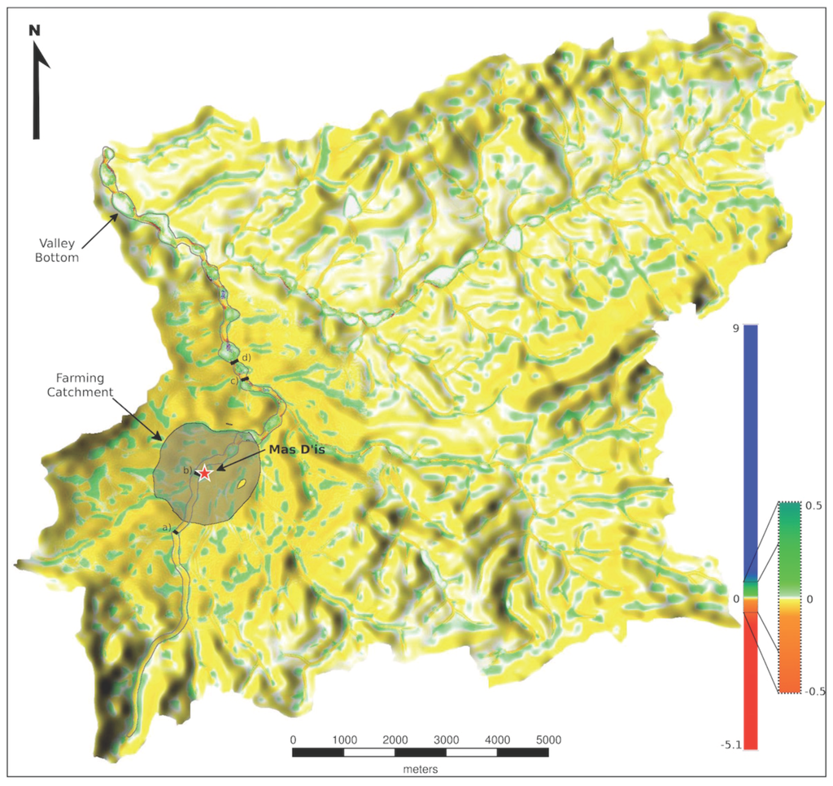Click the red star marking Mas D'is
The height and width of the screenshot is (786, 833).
pos(205,473)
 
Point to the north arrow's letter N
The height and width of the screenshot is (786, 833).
pos(34,31)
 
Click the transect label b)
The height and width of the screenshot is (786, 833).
pos(186,471)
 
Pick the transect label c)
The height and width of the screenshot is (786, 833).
pos(234,380)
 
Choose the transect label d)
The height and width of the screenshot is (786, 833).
pos(246,357)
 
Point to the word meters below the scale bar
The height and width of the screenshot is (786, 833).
pos(421,768)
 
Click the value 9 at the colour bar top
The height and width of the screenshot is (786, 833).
pos(735,329)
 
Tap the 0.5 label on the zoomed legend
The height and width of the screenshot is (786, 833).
pos(814,505)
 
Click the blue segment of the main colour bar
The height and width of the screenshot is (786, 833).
pos(750,448)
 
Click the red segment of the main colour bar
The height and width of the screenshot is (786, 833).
pos(750,683)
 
